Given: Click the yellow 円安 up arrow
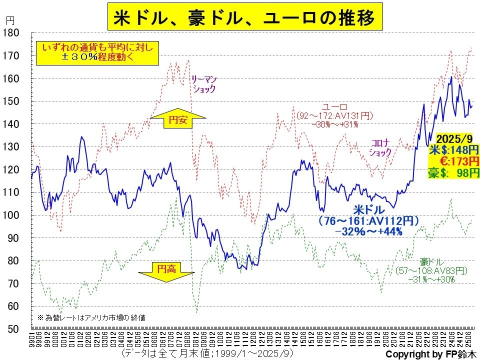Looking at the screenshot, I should pos(177,120).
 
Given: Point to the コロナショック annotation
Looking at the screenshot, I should pos(380,147).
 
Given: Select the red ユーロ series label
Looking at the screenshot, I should pos(334,107).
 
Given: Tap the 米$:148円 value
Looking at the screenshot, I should pos(453,149).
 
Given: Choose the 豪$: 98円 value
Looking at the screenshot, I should pos(453,172).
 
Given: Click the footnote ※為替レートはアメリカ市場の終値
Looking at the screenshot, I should pos(91,317).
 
